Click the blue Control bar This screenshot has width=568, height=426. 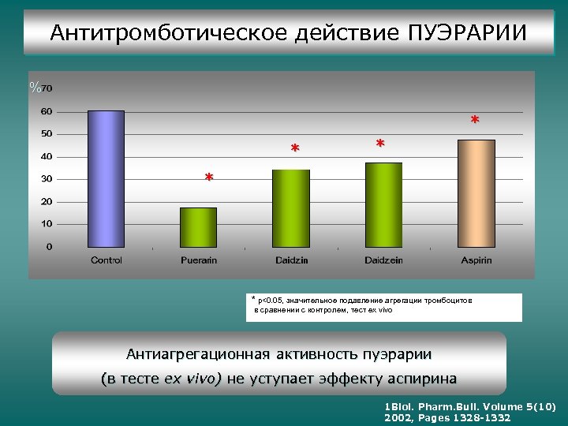click(x=106, y=179)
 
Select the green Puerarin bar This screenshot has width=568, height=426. click(x=198, y=227)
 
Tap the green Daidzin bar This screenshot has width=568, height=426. click(x=291, y=208)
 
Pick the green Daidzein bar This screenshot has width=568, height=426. click(x=383, y=205)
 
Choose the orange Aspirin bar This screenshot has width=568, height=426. click(x=476, y=193)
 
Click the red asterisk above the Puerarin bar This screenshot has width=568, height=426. click(x=208, y=179)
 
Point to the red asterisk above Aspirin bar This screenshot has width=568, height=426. click(x=474, y=121)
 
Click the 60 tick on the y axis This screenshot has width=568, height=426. click(x=47, y=111)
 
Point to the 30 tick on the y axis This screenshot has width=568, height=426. click(x=47, y=179)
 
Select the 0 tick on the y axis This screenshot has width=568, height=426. click(x=49, y=247)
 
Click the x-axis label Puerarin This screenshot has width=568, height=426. click(x=199, y=260)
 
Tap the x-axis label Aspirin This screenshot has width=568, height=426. click(x=476, y=260)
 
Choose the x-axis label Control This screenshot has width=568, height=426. click(x=106, y=260)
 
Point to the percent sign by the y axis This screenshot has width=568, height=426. click(x=35, y=88)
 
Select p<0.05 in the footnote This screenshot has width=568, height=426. click(x=271, y=301)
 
